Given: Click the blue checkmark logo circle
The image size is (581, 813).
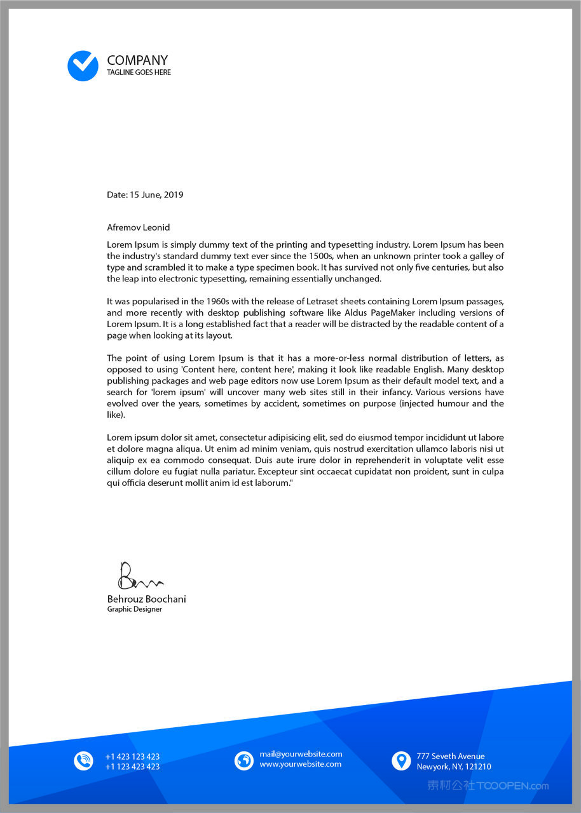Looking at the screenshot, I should click(x=83, y=65).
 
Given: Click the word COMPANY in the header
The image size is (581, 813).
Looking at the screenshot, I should click(x=137, y=60).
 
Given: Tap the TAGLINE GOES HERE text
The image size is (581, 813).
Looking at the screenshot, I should click(x=139, y=72).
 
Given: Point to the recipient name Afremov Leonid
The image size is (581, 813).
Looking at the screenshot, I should click(x=138, y=227).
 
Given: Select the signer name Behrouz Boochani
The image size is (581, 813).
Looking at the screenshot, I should click(x=146, y=599).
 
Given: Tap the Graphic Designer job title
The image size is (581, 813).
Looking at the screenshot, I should click(x=134, y=609).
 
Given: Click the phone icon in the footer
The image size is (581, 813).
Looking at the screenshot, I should click(x=83, y=760).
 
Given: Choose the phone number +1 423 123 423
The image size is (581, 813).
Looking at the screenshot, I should click(x=132, y=756).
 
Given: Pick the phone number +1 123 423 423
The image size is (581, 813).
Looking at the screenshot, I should click(x=132, y=767).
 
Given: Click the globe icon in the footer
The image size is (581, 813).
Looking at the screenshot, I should click(x=244, y=760).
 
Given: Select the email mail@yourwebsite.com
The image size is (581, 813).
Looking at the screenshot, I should click(x=301, y=754).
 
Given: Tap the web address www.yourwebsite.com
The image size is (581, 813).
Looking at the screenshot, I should click(x=300, y=764).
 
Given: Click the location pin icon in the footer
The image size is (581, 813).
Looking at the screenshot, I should click(x=401, y=760).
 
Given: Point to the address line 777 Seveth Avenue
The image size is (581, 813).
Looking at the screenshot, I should click(x=451, y=756).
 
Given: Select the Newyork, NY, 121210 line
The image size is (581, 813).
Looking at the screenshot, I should click(x=454, y=767).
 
